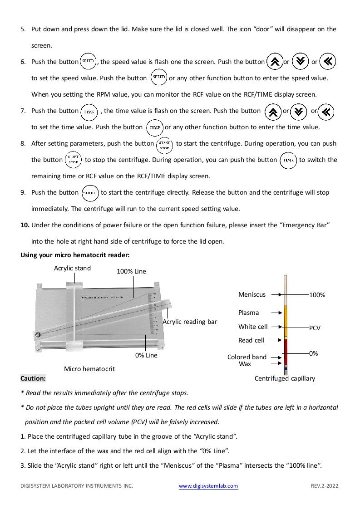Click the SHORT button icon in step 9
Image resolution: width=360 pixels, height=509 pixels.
tap(90, 193)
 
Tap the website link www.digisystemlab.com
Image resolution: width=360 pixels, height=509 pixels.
tap(208, 486)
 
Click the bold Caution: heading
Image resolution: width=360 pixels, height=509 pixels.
tap(33, 378)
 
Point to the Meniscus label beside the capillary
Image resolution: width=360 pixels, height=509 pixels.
tap(252, 294)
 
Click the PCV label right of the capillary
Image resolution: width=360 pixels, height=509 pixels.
tap(315, 328)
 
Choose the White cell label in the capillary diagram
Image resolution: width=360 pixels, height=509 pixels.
tap(253, 327)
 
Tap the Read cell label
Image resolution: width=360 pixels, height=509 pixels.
tap(252, 340)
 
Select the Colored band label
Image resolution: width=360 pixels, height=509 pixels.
tap(247, 357)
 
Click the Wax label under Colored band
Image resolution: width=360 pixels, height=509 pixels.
tap(245, 364)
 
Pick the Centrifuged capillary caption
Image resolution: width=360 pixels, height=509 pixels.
tap(285, 378)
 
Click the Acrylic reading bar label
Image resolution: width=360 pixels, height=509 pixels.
tap(190, 322)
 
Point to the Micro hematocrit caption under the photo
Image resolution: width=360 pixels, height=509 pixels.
tap(89, 369)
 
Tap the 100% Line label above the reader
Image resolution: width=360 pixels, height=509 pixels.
tap(132, 271)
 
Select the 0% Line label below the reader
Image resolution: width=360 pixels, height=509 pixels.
tap(146, 355)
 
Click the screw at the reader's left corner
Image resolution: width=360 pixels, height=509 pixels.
tap(37, 335)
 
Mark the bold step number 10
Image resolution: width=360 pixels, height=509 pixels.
tap(25, 225)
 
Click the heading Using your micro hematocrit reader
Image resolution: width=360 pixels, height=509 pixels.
tap(75, 255)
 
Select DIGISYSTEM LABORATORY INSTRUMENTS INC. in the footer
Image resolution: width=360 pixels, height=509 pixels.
tap(77, 486)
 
